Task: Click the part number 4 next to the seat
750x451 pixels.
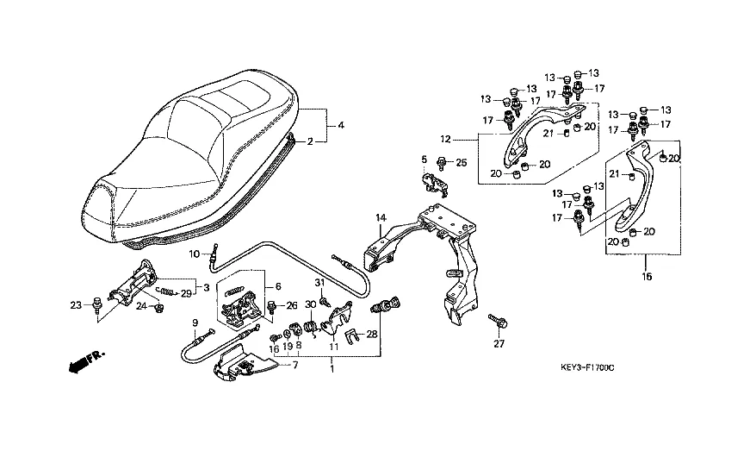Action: [x=341, y=126]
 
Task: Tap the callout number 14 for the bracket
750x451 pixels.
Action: [x=377, y=218]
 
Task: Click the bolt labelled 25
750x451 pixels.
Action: [x=441, y=161]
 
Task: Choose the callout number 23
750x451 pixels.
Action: [x=75, y=304]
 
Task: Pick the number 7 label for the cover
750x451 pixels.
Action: [x=295, y=366]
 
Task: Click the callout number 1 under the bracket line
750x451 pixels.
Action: [x=332, y=368]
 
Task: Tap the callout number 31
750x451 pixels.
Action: [x=319, y=283]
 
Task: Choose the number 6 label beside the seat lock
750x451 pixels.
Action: [x=278, y=286]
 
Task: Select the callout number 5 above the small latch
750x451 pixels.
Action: [x=424, y=159]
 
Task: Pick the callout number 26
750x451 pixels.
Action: [x=292, y=304]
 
